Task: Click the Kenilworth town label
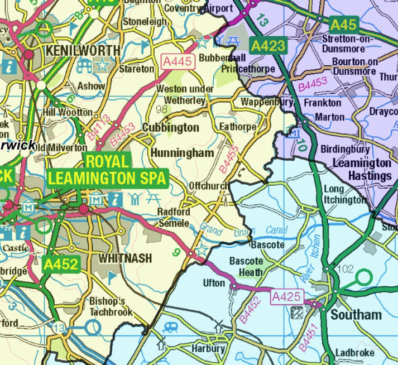click(83, 50)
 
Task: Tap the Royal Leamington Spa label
click(107, 170)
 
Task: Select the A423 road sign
click(268, 46)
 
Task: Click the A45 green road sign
click(343, 25)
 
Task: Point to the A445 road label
click(178, 62)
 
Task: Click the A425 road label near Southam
click(286, 297)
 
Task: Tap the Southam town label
click(356, 314)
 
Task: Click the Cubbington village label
click(170, 127)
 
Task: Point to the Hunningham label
click(182, 152)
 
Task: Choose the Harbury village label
click(208, 349)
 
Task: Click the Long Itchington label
click(346, 194)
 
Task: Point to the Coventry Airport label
click(190, 8)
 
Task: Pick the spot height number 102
click(346, 269)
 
